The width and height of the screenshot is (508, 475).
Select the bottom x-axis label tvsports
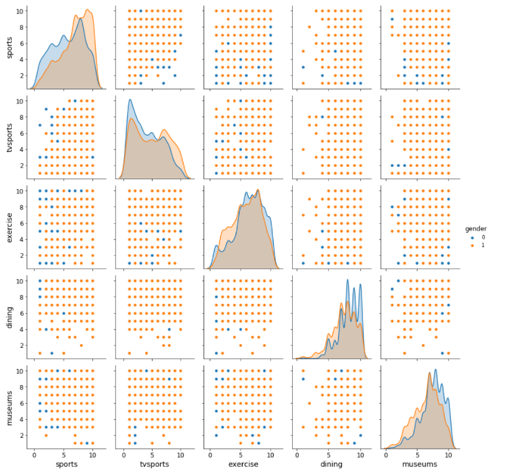pos(152,463)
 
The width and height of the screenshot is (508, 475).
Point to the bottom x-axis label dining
pos(329,463)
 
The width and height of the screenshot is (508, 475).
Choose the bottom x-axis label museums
pos(417,463)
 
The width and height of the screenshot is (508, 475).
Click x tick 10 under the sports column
pos(92,455)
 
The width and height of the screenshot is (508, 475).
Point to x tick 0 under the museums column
pos(387,455)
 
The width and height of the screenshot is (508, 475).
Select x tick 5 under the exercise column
pos(241,455)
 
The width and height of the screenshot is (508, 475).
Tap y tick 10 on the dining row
pos(20,281)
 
